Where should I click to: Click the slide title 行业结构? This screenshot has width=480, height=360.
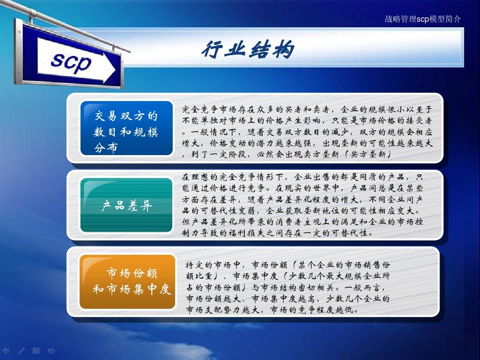click(x=248, y=49)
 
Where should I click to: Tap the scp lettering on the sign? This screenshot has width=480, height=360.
click(x=71, y=63)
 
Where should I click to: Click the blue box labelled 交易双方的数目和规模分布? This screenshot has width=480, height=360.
click(x=127, y=128)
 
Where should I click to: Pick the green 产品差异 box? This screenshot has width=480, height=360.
click(x=127, y=205)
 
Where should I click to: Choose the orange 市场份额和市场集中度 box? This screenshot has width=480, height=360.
click(x=127, y=281)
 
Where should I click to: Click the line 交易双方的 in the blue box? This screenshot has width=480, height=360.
click(x=126, y=116)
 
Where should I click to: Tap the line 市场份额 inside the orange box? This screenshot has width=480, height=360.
click(x=132, y=273)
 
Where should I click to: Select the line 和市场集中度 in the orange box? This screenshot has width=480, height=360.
click(x=132, y=290)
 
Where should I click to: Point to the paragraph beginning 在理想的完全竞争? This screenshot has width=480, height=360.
click(x=302, y=205)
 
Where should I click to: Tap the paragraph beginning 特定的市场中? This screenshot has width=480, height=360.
click(x=288, y=287)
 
